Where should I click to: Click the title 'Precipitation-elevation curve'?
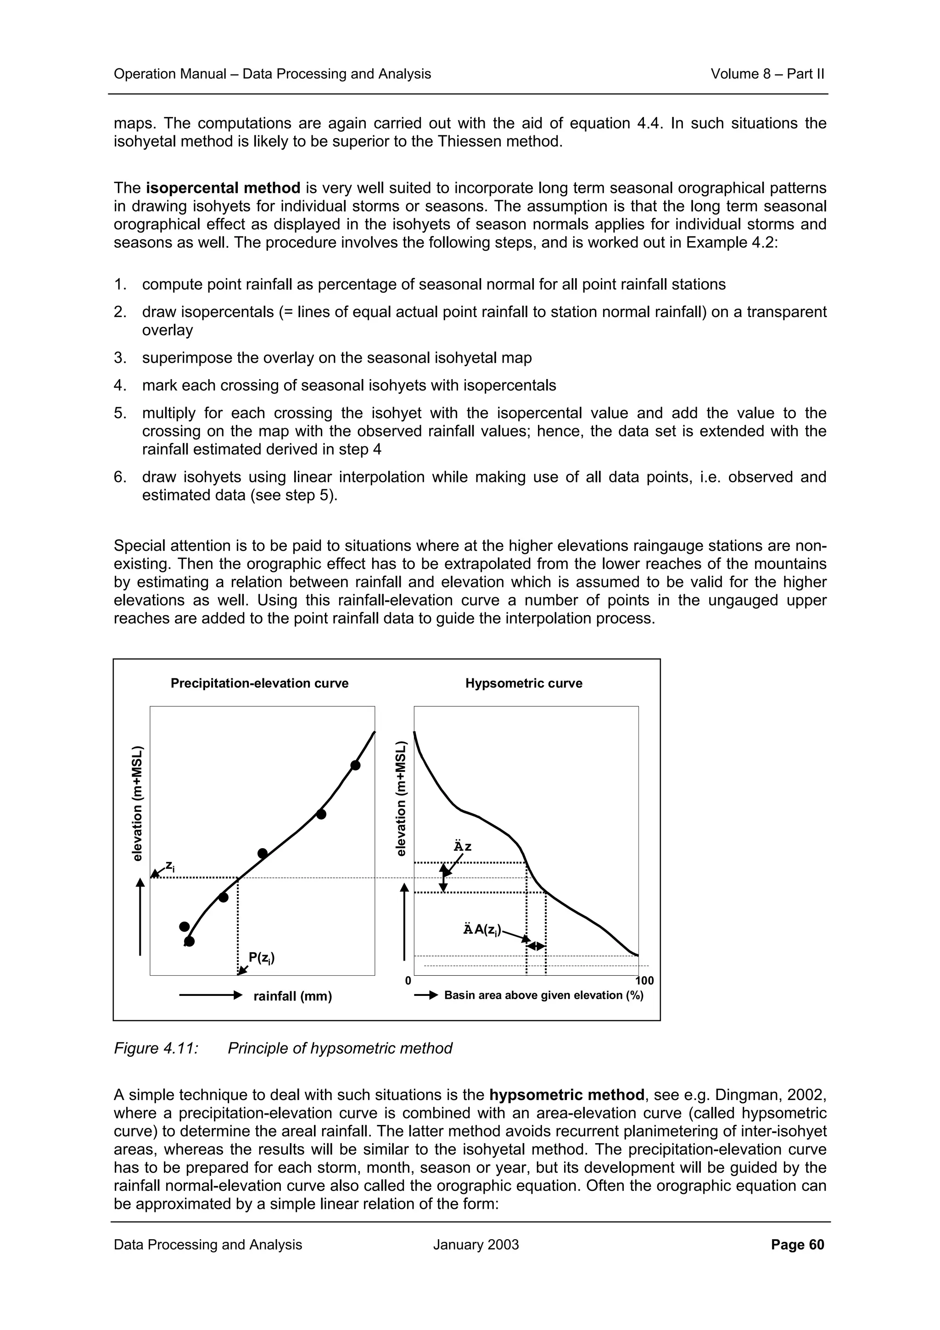coord(259,683)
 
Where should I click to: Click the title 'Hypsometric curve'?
coord(524,683)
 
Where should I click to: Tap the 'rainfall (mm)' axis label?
coord(292,996)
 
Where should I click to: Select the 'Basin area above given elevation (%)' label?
coord(543,995)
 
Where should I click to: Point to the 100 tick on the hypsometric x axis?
coord(644,981)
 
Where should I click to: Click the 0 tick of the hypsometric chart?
coord(408,981)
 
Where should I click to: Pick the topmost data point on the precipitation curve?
coord(356,765)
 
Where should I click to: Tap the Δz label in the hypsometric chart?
coord(462,847)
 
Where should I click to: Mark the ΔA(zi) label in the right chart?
coord(482,930)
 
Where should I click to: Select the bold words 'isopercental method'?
coord(223,188)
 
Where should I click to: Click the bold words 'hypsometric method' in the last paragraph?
coord(566,1095)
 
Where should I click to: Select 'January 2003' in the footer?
coord(476,1245)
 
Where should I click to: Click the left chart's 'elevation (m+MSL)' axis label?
coord(138,803)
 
